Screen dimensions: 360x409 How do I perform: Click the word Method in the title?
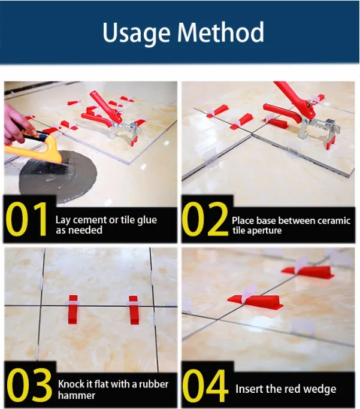point(220,32)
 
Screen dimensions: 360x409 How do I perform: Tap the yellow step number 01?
point(26,219)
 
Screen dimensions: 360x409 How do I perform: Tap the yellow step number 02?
point(205,219)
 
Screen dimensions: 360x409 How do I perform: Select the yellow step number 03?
point(29,385)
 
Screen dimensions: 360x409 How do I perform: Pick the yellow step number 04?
point(204,386)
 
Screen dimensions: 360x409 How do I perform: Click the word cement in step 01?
point(90,220)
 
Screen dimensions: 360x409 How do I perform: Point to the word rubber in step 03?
point(154,384)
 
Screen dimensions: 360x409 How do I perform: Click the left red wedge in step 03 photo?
point(73,310)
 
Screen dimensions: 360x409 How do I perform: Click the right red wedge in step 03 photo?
point(134,310)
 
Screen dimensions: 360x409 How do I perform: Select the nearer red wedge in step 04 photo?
point(256,302)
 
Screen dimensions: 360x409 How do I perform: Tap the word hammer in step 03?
point(77,395)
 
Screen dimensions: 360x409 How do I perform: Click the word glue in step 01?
point(147,221)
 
